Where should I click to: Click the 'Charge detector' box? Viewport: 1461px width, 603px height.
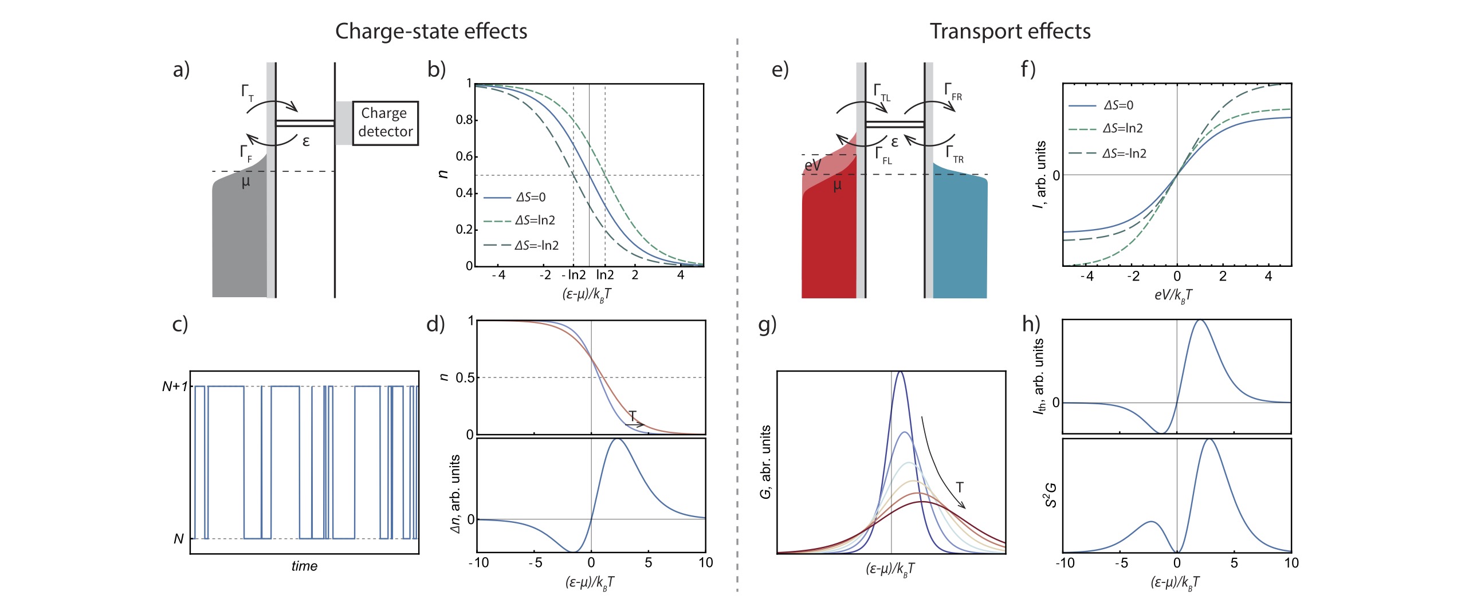pyautogui.click(x=385, y=123)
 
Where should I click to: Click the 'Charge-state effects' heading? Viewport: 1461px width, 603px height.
pyautogui.click(x=431, y=31)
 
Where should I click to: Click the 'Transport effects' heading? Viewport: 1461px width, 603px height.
pyautogui.click(x=1010, y=31)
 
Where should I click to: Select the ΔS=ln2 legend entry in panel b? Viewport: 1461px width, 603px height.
pyautogui.click(x=535, y=220)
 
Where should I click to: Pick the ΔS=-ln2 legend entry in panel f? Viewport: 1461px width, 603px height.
pyautogui.click(x=1124, y=153)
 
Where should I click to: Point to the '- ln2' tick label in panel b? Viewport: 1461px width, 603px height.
pyautogui.click(x=574, y=275)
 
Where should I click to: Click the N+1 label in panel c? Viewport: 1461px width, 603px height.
pyautogui.click(x=174, y=387)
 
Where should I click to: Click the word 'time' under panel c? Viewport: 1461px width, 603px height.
pyautogui.click(x=304, y=566)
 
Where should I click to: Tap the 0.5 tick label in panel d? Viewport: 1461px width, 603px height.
pyautogui.click(x=465, y=378)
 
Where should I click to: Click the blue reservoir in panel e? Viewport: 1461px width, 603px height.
pyautogui.click(x=960, y=241)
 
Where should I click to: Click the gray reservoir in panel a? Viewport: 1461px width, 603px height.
pyautogui.click(x=239, y=241)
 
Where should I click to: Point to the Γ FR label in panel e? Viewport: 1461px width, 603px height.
pyautogui.click(x=953, y=92)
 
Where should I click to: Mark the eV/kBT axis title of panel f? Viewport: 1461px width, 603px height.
pyautogui.click(x=1173, y=295)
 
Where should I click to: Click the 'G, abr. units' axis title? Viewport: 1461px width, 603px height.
pyautogui.click(x=766, y=462)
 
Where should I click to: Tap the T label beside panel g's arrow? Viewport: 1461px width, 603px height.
pyautogui.click(x=960, y=487)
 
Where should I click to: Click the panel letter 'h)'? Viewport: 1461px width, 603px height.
pyautogui.click(x=1031, y=324)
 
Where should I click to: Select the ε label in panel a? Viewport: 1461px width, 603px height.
pyautogui.click(x=306, y=141)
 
